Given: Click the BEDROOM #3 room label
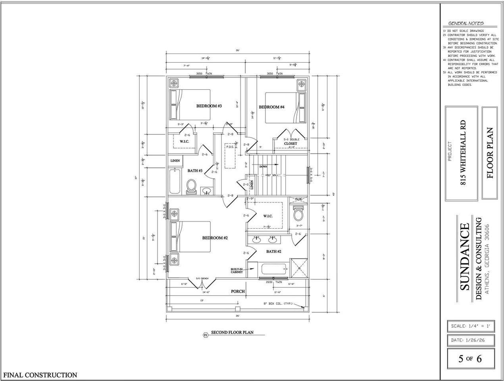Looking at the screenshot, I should (x=209, y=106).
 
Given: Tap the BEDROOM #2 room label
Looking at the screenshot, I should (x=215, y=238).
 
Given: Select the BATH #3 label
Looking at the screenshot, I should (x=195, y=171).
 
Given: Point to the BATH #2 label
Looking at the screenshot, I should (x=274, y=252).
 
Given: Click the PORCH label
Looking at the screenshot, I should (x=238, y=291).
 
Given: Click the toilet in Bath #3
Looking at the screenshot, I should (x=191, y=187).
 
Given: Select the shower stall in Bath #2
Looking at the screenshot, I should (x=299, y=269).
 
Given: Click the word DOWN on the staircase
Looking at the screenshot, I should (x=264, y=167).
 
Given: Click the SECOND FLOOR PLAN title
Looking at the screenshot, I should (x=232, y=333).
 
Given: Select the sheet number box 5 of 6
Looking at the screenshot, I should (x=470, y=359).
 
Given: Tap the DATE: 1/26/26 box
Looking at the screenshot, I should (x=470, y=340).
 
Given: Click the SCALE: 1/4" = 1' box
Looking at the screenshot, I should (x=470, y=326).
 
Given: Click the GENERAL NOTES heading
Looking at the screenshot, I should (x=466, y=23).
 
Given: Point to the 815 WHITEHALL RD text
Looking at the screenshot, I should (x=462, y=153).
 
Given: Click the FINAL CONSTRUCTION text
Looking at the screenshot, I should (x=40, y=375).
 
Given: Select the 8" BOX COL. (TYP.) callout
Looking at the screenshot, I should (x=278, y=304).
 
